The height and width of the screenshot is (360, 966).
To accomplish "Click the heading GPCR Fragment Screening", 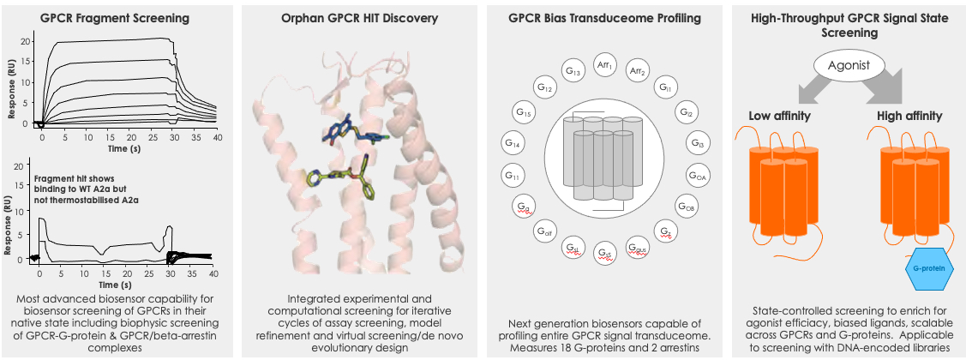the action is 115,18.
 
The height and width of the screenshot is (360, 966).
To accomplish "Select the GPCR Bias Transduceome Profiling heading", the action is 604,18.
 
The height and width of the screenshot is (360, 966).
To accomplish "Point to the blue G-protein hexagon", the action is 929,269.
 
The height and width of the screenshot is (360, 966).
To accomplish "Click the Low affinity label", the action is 779,115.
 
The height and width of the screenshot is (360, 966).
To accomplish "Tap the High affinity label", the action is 909,115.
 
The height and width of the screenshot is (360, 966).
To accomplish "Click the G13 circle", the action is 573,71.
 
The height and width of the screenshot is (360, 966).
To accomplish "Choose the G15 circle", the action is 523,113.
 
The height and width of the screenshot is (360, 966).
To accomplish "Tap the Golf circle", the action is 543,231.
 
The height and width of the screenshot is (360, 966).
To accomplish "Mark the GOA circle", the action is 698,177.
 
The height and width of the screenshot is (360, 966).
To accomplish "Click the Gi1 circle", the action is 664,87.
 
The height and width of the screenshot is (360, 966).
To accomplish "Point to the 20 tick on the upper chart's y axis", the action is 25,41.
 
